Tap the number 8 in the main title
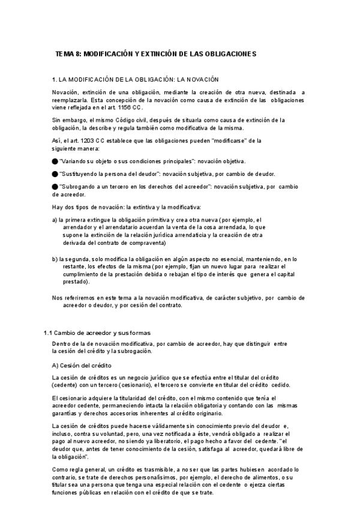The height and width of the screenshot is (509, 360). click(78, 53)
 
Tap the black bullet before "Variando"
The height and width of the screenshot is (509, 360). click(55, 161)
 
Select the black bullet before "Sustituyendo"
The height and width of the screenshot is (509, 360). click(55, 174)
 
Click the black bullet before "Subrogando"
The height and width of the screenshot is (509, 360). click(55, 187)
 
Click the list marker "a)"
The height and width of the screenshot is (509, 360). click(55, 220)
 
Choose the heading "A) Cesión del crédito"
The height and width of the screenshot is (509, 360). click(79, 365)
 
